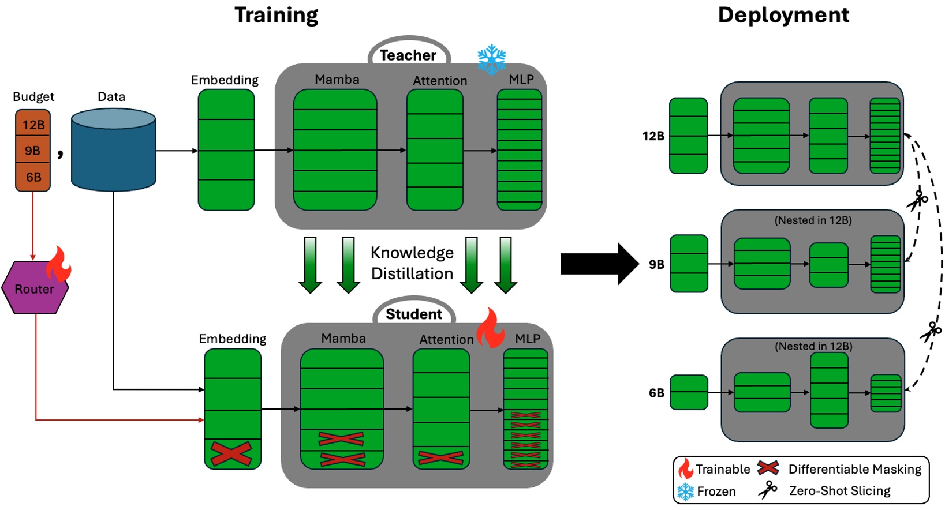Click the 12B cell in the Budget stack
pyautogui.click(x=33, y=124)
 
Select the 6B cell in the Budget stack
pyautogui.click(x=33, y=177)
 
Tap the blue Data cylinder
pyautogui.click(x=113, y=151)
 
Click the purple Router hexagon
pyautogui.click(x=35, y=288)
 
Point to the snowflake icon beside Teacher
pyautogui.click(x=492, y=59)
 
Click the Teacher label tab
pyautogui.click(x=408, y=55)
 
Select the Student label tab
pyautogui.click(x=414, y=314)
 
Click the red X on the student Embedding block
pyautogui.click(x=231, y=453)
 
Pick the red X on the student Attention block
pyautogui.click(x=440, y=457)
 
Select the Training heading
pyautogui.click(x=276, y=15)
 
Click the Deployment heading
pyautogui.click(x=783, y=15)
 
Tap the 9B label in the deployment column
pyautogui.click(x=656, y=264)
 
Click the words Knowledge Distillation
pyautogui.click(x=412, y=263)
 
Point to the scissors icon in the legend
pyautogui.click(x=768, y=490)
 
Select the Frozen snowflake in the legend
pyautogui.click(x=685, y=492)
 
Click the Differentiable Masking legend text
pyautogui.click(x=854, y=469)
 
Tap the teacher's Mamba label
pyautogui.click(x=337, y=79)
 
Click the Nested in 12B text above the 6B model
pyautogui.click(x=813, y=346)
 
